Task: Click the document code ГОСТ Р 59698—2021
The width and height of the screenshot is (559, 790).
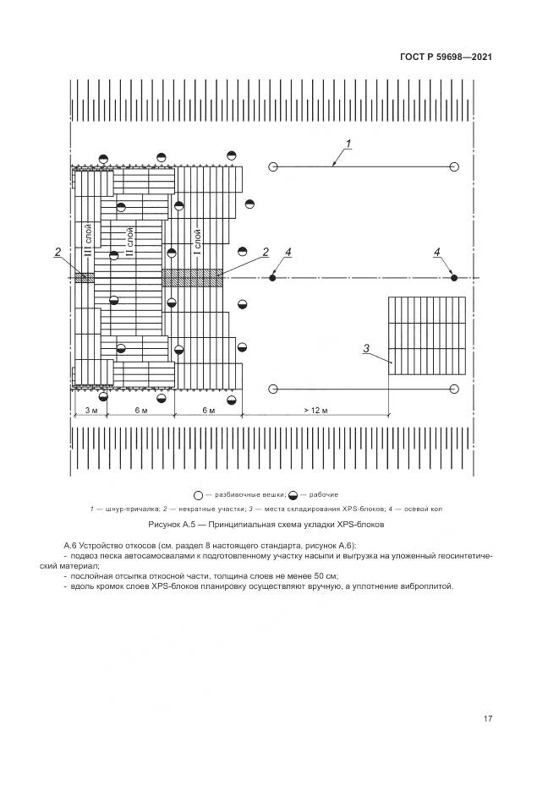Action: point(446,57)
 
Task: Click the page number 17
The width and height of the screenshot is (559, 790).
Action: point(487,718)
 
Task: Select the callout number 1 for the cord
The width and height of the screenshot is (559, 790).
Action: point(348,144)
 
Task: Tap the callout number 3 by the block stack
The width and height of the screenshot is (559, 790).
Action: point(366,348)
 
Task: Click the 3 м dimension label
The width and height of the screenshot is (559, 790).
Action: point(91,410)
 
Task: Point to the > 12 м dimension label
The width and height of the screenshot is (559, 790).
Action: point(315,410)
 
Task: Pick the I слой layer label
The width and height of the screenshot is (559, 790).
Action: point(197,242)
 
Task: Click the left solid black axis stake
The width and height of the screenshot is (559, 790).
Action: point(272,278)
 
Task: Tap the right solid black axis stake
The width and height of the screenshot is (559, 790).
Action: point(453,278)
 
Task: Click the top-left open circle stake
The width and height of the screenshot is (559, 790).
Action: point(272,166)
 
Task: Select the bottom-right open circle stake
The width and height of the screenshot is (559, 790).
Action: point(453,389)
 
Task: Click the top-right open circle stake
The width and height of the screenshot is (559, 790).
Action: point(453,166)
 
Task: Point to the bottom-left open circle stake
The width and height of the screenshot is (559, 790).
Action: point(272,389)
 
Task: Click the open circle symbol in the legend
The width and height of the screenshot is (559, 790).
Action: point(199,495)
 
